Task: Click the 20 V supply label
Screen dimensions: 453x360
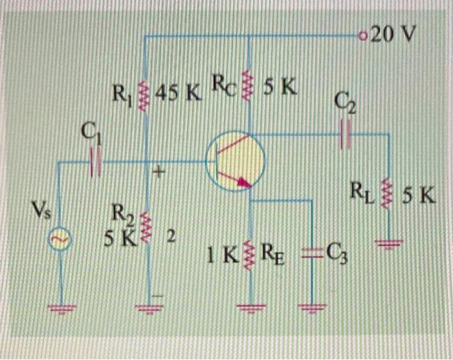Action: pos(392,34)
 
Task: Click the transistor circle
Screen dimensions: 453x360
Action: pos(236,161)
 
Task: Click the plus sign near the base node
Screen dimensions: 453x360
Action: pos(159,174)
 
